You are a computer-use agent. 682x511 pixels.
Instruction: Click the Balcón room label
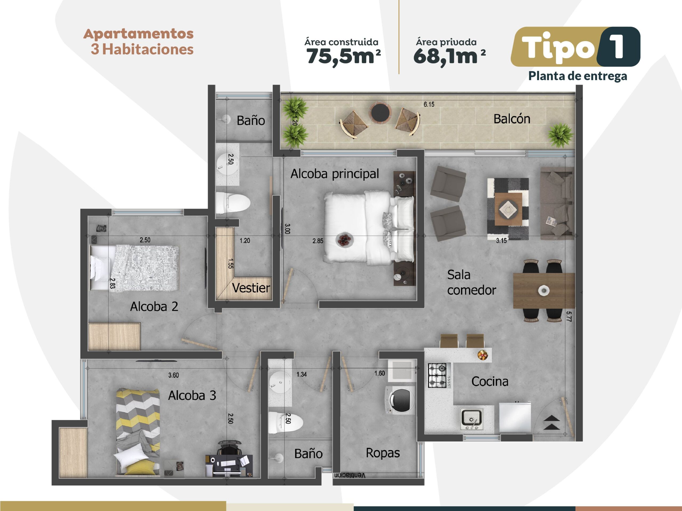(512, 119)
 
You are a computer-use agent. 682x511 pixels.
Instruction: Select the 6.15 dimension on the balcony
(429, 104)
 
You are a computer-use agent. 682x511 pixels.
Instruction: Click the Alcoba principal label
(335, 174)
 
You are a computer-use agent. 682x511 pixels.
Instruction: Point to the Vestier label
(251, 288)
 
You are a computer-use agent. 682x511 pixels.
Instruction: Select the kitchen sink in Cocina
(472, 419)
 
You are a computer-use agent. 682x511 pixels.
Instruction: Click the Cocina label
(490, 382)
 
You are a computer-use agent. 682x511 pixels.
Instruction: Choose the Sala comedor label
(472, 282)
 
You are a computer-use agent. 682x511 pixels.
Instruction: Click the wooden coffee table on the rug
(508, 209)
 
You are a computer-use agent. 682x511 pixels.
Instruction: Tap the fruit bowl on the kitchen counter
(482, 355)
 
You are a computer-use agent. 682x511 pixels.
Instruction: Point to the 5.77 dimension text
(569, 317)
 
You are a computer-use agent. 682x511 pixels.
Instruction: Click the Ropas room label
(383, 453)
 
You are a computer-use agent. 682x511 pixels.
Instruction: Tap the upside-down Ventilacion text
(350, 476)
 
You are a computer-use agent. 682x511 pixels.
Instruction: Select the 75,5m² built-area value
(343, 56)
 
